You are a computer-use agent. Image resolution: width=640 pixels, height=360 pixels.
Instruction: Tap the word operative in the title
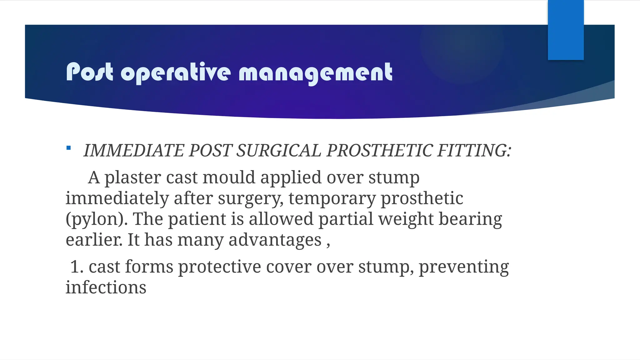click(x=176, y=72)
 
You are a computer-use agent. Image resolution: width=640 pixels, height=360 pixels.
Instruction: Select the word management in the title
click(x=315, y=72)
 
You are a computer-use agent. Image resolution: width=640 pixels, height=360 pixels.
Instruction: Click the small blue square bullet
click(x=69, y=148)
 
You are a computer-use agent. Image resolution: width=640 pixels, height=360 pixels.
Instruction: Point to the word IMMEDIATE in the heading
click(x=134, y=151)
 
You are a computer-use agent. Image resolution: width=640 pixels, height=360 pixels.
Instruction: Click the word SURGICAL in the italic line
click(x=278, y=151)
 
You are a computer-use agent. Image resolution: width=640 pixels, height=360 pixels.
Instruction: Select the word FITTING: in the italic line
click(x=474, y=151)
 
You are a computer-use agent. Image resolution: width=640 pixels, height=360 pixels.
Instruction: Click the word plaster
click(x=132, y=178)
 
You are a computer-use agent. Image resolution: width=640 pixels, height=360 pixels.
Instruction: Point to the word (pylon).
click(x=97, y=219)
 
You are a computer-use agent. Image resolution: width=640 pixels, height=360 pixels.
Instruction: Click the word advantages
click(x=275, y=240)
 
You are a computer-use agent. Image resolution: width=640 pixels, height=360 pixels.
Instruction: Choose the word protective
click(x=219, y=267)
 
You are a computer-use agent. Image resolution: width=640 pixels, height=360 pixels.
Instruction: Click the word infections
click(x=106, y=287)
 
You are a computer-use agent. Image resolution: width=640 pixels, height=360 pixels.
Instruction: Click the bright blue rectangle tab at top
click(x=566, y=30)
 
